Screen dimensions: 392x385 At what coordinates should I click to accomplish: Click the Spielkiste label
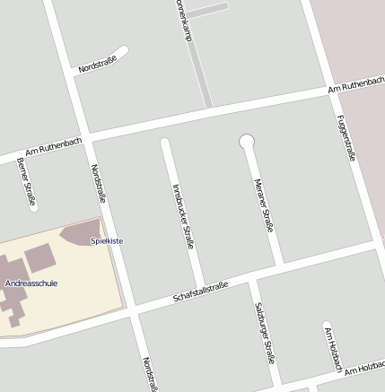[x=107, y=240]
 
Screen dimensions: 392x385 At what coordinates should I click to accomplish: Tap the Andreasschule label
[x=31, y=283]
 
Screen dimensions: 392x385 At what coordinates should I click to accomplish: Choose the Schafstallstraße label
[x=200, y=292]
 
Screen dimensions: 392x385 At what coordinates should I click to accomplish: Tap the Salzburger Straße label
[x=264, y=332]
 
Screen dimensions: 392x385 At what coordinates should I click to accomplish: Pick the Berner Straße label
[x=26, y=180]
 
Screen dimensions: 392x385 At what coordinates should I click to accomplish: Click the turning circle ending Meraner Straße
[x=247, y=141]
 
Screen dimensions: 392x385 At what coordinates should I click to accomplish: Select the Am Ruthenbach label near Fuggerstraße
[x=355, y=85]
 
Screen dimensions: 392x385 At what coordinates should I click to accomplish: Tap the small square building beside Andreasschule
[x=39, y=259]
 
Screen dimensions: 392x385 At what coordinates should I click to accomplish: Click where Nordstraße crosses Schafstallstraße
[x=129, y=310]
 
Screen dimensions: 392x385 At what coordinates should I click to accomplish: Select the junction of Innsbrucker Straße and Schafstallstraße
[x=199, y=289]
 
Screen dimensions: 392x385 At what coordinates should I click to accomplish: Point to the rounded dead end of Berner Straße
[x=33, y=205]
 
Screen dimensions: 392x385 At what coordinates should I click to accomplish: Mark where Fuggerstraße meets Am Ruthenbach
[x=330, y=91]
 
